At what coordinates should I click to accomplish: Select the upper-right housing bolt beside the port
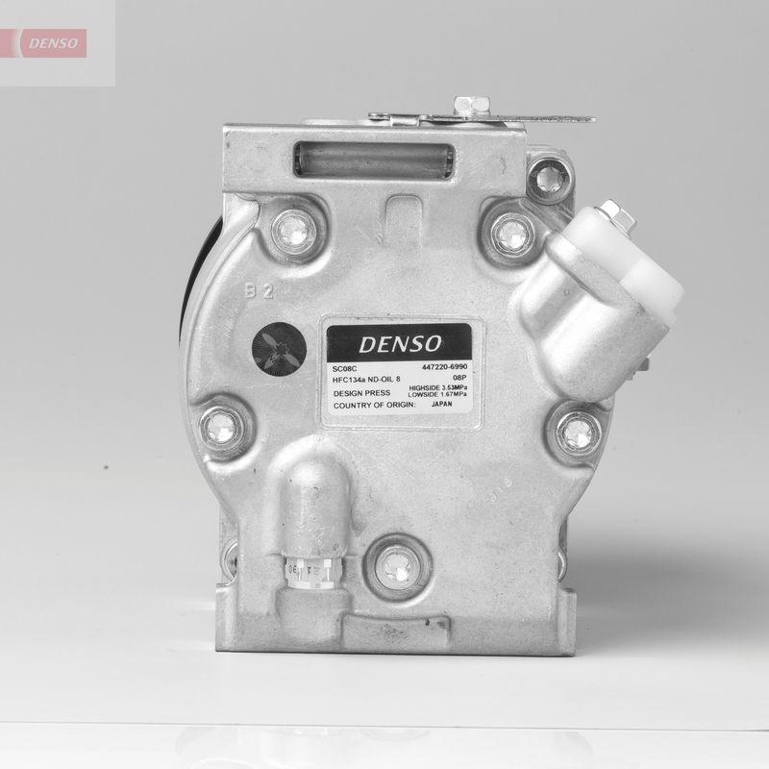tap(511, 230)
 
